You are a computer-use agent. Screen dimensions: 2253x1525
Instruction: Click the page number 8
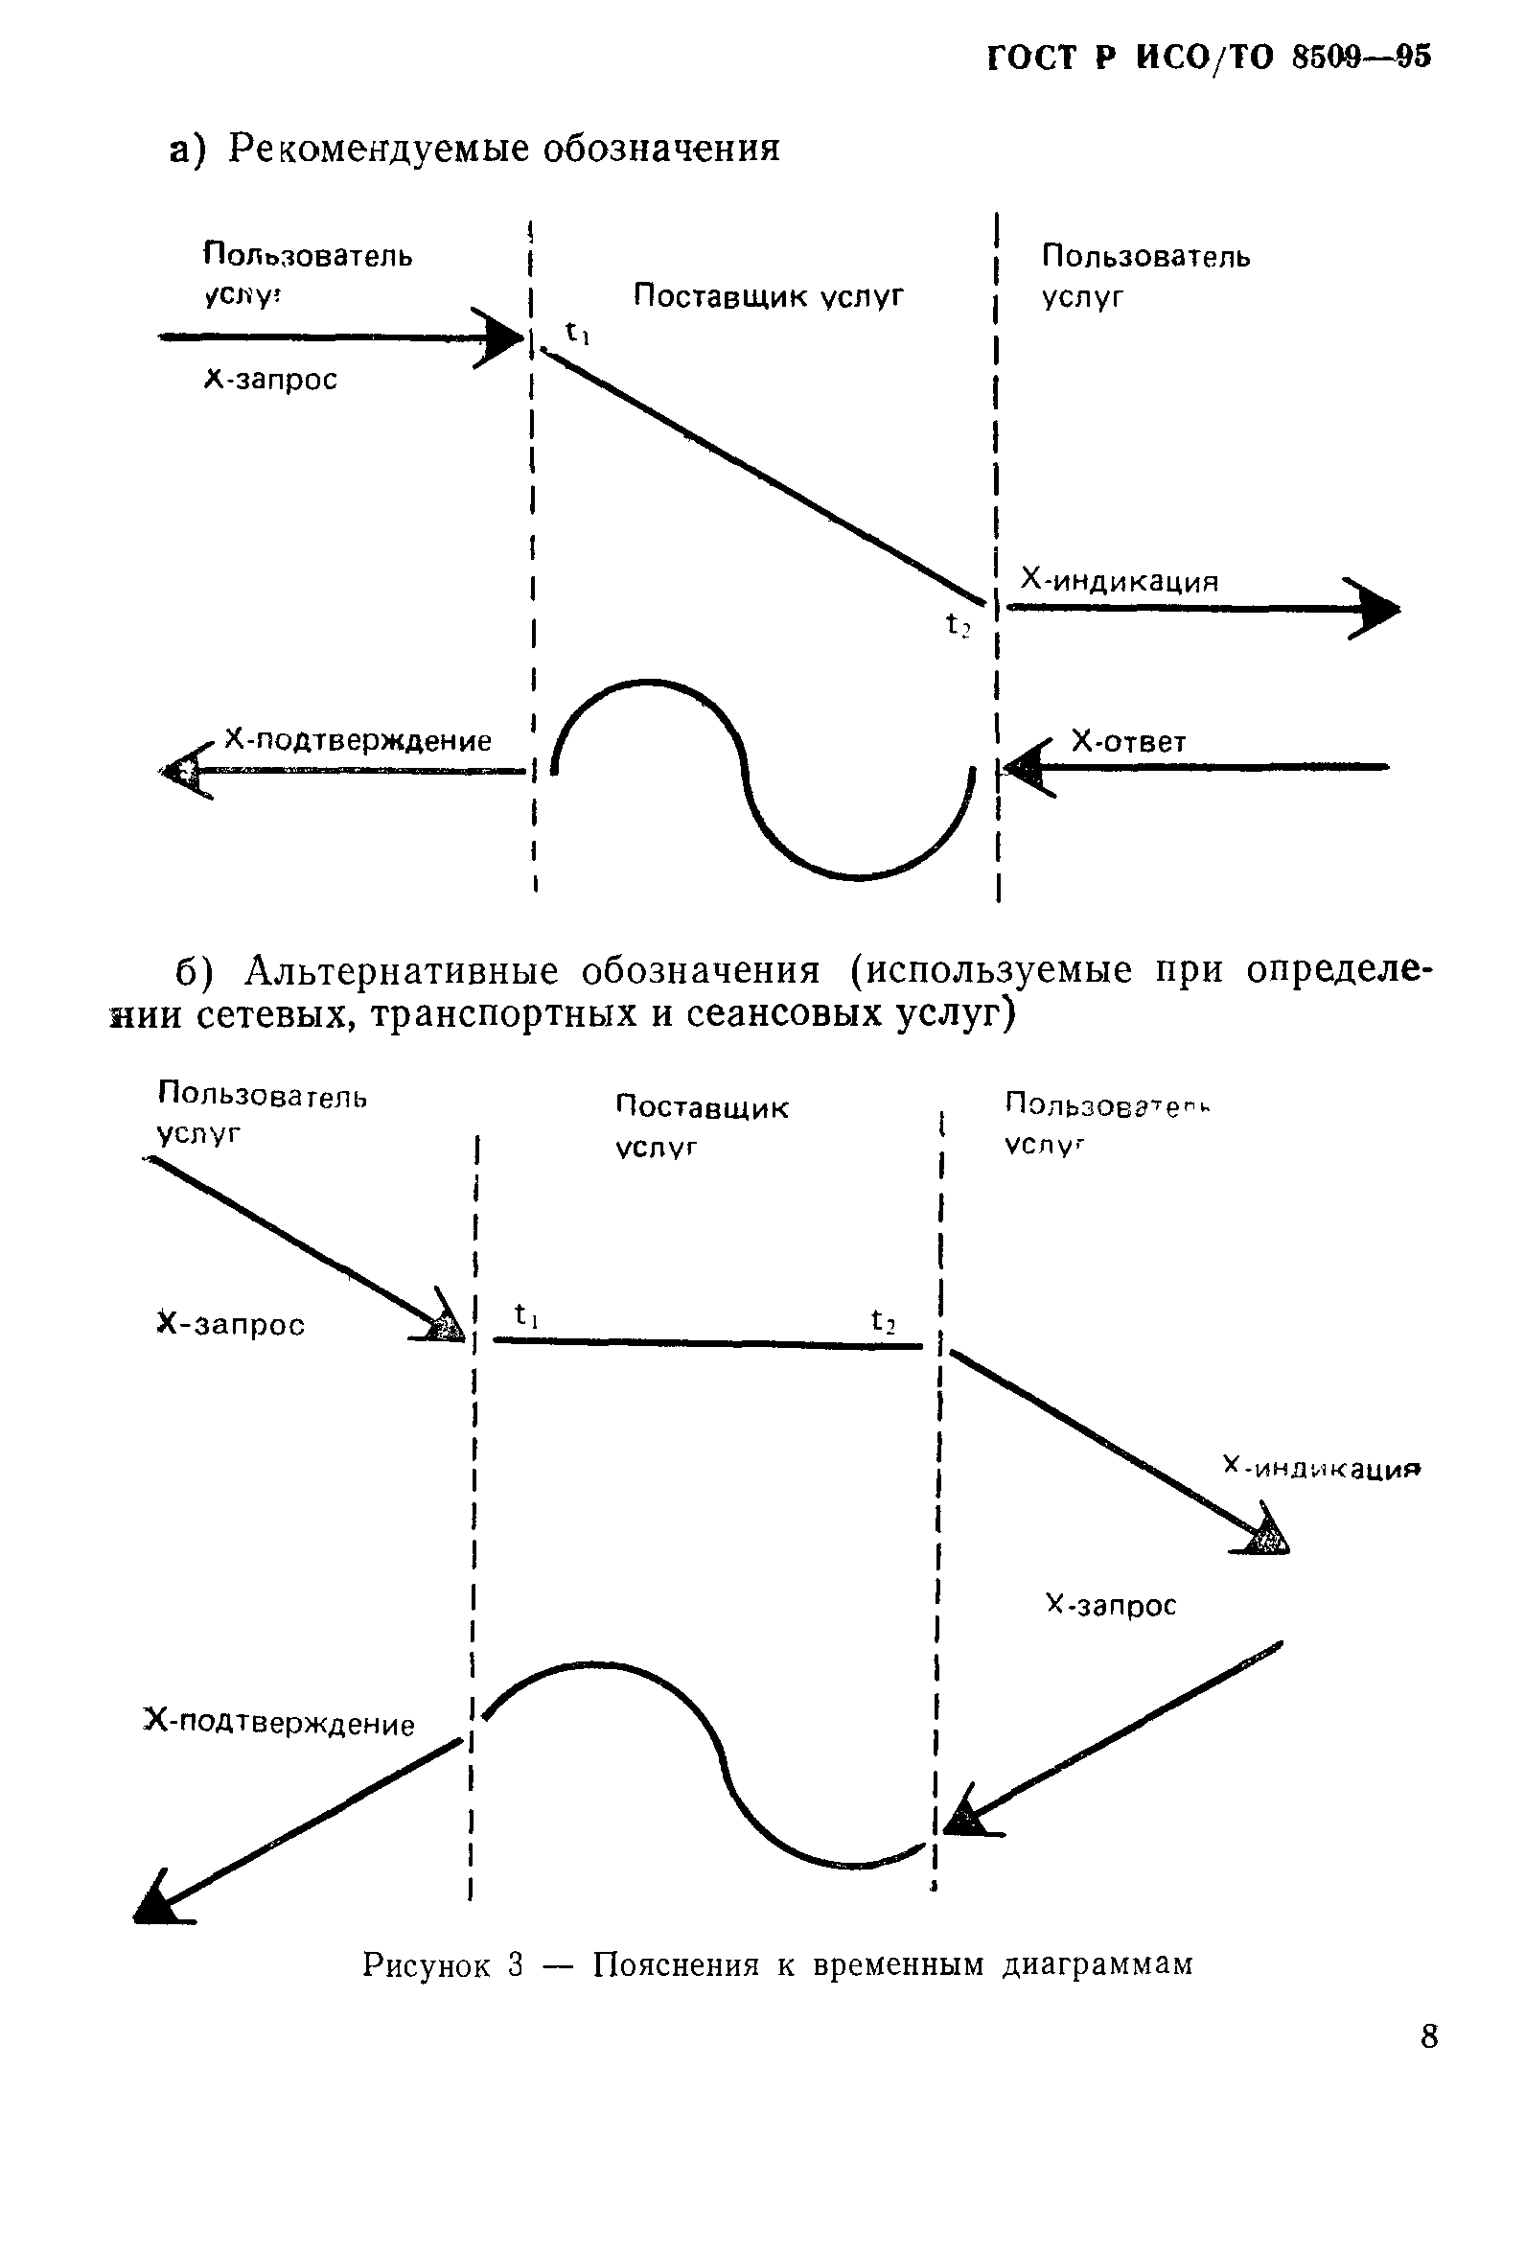coord(1428,2034)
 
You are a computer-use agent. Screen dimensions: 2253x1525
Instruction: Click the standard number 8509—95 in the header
coord(1360,58)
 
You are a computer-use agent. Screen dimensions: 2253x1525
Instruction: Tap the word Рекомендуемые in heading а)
coord(375,149)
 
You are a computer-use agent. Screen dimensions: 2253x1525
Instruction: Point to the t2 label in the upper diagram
coord(958,626)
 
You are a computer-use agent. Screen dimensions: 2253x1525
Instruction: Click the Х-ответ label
coord(1128,743)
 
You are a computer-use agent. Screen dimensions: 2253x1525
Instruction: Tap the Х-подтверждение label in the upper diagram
coord(358,742)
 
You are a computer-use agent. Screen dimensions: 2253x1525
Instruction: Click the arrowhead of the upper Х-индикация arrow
coord(1376,610)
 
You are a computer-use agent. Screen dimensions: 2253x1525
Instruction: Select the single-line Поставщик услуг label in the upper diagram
coord(768,295)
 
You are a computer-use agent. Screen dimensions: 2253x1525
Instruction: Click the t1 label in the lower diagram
coord(527,1314)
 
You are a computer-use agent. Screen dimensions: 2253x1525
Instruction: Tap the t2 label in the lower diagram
coord(883,1319)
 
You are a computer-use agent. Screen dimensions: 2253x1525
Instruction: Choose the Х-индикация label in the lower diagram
coord(1322,1468)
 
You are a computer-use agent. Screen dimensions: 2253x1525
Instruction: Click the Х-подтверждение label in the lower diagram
coord(279,1723)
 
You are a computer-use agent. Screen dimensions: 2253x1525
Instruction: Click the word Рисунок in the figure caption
coord(427,1964)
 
